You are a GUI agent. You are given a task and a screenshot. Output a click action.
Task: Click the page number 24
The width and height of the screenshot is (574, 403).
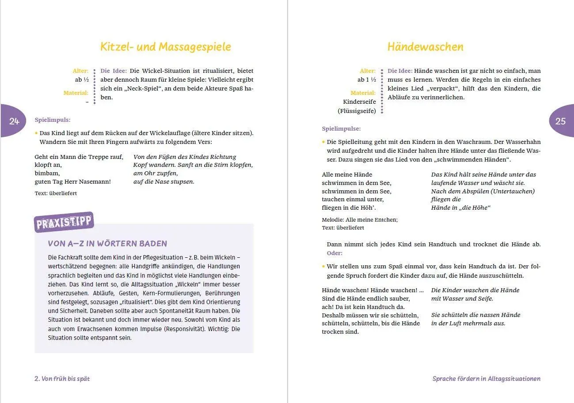[14, 121]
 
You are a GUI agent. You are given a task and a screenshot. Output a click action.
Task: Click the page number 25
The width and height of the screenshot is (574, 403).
[560, 121]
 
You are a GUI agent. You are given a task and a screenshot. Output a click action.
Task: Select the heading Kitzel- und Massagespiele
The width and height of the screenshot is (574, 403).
[166, 47]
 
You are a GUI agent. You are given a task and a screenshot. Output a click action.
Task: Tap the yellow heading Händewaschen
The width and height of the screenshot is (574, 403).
[425, 47]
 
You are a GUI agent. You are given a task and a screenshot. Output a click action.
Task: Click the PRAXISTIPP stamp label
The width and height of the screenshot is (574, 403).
[64, 222]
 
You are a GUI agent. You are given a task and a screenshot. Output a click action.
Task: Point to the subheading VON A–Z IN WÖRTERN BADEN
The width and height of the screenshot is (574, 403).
[107, 244]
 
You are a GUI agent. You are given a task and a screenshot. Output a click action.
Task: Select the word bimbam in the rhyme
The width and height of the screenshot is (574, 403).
[46, 173]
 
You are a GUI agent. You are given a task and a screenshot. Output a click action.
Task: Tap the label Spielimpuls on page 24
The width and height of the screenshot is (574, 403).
[53, 120]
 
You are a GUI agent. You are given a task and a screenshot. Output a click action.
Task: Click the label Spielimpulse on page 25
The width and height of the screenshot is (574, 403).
[341, 129]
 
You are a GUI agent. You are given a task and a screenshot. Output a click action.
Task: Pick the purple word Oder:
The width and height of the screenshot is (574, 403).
[335, 253]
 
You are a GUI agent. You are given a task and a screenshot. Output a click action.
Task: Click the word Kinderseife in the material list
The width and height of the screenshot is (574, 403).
[359, 102]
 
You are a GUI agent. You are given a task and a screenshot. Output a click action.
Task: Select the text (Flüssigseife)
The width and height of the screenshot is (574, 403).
[357, 111]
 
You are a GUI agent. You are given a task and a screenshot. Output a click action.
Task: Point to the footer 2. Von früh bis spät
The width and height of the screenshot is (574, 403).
[62, 379]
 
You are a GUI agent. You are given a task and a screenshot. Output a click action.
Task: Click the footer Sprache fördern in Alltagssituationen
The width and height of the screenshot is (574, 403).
[486, 379]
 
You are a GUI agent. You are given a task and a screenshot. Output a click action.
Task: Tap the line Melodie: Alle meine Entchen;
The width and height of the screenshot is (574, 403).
[360, 220]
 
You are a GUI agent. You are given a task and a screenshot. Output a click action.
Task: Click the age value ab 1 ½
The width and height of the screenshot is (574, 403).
[367, 80]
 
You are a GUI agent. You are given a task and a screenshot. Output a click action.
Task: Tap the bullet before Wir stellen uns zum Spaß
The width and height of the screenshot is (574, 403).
[323, 266]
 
